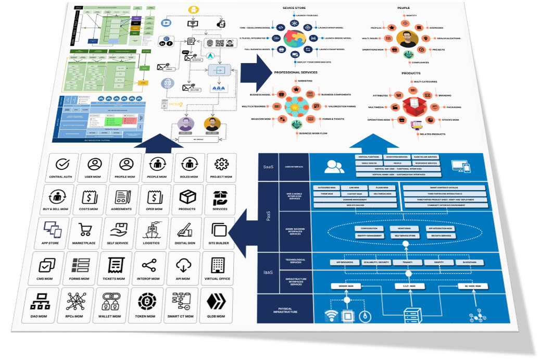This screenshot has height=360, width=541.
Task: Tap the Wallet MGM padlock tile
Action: [x=110, y=305]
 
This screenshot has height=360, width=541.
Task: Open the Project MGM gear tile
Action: [x=222, y=167]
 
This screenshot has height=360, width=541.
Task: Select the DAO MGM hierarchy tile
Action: [x=40, y=305]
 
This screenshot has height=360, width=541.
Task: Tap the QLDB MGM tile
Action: [x=215, y=305]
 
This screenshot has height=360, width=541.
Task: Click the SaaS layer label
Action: [x=267, y=167]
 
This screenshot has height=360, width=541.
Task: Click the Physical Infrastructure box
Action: [x=285, y=311]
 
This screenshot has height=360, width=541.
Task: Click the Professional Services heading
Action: [x=295, y=72]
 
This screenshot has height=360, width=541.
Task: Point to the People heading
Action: [x=404, y=8]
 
